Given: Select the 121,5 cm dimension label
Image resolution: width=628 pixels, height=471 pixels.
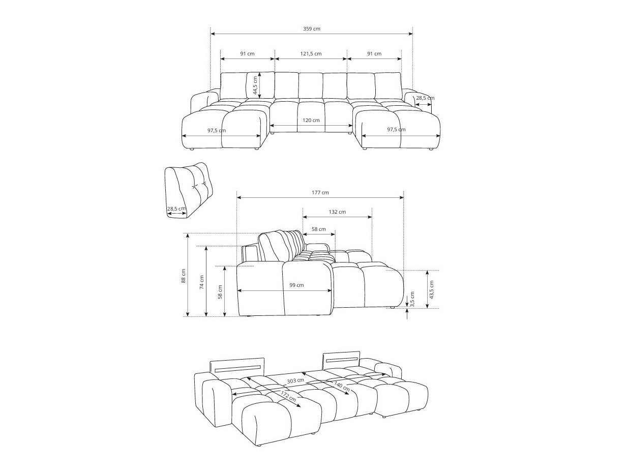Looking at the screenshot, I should click(x=310, y=53).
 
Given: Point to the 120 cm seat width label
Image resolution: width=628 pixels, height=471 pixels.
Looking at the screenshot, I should click(x=311, y=121).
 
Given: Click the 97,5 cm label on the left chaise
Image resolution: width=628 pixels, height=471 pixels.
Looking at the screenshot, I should click(x=217, y=131).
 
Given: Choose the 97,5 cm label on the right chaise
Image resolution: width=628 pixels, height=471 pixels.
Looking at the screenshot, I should click(x=396, y=130).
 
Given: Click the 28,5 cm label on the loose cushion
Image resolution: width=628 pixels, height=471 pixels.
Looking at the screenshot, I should click(x=176, y=209).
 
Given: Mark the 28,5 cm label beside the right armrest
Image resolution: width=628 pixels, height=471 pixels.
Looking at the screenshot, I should click(x=425, y=98).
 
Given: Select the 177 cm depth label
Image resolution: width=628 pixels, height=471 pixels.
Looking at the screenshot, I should click(x=320, y=193).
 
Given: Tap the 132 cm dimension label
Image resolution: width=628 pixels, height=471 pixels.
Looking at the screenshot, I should click(x=337, y=212).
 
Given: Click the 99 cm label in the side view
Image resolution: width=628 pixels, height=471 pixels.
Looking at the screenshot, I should click(x=296, y=285).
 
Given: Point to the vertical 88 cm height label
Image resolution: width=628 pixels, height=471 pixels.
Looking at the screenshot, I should click(x=184, y=276).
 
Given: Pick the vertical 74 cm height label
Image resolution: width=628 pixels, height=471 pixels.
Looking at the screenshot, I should click(x=201, y=282).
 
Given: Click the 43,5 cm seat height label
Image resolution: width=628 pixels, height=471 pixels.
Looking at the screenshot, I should click(x=432, y=289).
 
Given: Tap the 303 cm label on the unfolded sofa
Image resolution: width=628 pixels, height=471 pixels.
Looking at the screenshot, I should click(x=295, y=380).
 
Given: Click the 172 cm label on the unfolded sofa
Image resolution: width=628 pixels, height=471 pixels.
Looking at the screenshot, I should click(x=288, y=396).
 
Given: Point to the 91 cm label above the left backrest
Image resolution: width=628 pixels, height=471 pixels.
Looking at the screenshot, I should click(x=247, y=53).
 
